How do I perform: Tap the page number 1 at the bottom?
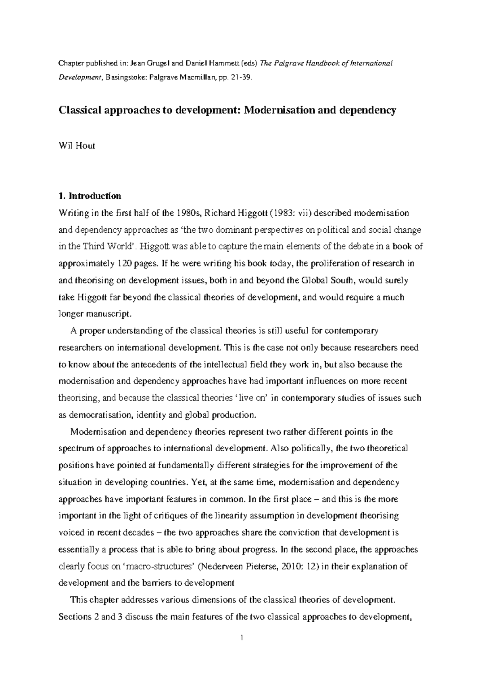242,638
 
